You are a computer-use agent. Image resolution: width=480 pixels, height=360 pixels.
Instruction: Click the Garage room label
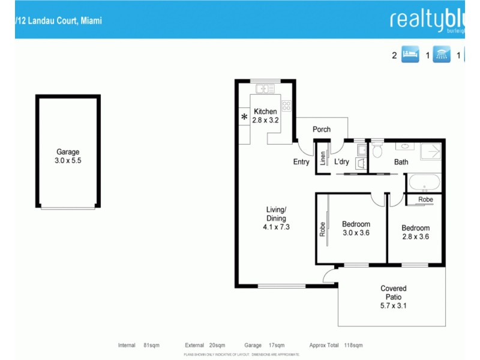click(68, 157)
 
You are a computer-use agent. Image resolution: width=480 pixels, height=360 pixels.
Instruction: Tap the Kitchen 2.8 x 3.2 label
click(265, 116)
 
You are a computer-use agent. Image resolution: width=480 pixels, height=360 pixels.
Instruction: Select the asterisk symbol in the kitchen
click(244, 117)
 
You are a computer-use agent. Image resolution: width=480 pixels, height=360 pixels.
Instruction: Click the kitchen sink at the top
click(265, 89)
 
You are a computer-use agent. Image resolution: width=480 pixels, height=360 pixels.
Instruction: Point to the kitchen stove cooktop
click(286, 106)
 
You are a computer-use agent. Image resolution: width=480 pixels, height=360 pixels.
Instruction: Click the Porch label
click(322, 129)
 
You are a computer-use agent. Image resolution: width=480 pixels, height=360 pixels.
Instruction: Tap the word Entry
click(301, 162)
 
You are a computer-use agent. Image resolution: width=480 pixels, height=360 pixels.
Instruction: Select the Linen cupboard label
click(322, 159)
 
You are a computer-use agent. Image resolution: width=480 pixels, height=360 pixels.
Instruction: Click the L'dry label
click(341, 162)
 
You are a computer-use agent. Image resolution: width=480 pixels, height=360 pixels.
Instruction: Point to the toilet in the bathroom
click(377, 150)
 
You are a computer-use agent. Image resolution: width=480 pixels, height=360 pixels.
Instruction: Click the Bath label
click(401, 162)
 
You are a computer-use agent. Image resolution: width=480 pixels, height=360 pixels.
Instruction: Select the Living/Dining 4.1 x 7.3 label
click(277, 218)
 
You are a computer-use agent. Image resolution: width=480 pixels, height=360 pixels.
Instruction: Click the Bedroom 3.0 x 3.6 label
click(356, 229)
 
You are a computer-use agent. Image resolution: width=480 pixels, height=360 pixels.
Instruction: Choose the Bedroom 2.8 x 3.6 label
click(415, 232)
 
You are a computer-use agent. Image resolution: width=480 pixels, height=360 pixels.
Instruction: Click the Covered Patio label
click(394, 297)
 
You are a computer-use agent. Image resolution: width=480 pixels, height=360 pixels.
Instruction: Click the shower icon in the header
click(442, 55)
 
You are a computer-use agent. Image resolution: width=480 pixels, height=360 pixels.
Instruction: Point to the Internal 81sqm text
click(135, 346)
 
